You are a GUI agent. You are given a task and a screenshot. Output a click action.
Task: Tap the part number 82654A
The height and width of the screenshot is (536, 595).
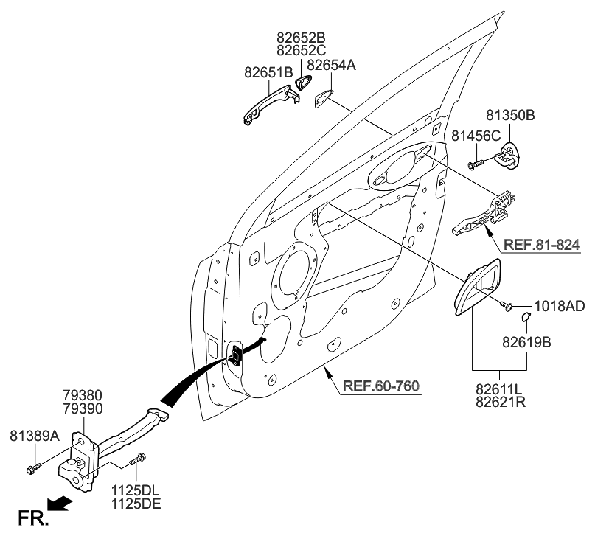(331, 66)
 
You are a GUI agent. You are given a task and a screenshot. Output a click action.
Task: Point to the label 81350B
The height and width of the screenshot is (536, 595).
(509, 116)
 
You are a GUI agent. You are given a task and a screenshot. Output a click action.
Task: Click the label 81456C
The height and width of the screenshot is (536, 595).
(476, 135)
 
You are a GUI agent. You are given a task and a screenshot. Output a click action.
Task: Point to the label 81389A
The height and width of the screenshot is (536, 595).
(35, 436)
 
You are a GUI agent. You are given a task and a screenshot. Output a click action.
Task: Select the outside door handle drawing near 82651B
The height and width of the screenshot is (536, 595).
(270, 103)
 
